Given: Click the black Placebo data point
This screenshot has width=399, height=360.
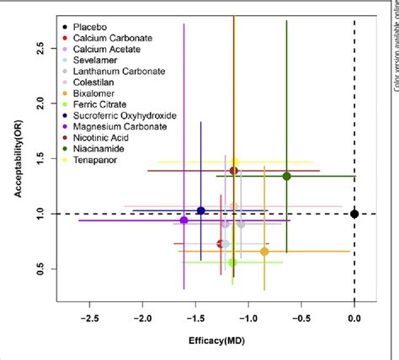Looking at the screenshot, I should click(x=354, y=214).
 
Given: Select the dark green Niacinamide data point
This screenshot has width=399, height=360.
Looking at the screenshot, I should click(x=287, y=176).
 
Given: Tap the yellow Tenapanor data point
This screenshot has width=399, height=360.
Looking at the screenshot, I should click(x=235, y=161).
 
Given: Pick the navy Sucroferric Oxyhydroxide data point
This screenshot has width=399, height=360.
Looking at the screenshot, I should click(x=200, y=211).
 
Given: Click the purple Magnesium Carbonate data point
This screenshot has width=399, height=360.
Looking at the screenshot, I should click(x=184, y=220).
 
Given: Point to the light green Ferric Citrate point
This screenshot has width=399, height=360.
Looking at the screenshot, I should click(x=232, y=262).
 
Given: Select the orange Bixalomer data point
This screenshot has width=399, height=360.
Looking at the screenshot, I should click(x=264, y=251).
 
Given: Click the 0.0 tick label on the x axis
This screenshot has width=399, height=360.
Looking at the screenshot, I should click(x=354, y=319).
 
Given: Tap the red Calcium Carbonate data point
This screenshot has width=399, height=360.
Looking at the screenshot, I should click(x=221, y=244).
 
